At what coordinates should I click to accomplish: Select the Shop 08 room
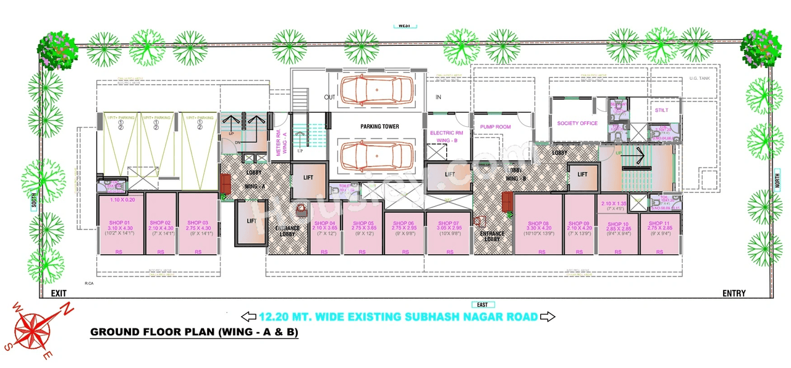[x=538, y=225]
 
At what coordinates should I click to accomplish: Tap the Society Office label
[x=577, y=123]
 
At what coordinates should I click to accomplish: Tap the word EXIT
[x=59, y=293]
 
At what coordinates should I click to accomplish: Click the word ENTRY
[x=734, y=293]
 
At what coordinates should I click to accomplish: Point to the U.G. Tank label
[x=701, y=79]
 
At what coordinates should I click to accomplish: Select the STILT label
[x=661, y=110]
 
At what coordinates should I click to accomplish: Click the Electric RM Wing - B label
[x=446, y=137]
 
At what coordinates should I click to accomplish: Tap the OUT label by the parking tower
[x=329, y=98]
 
